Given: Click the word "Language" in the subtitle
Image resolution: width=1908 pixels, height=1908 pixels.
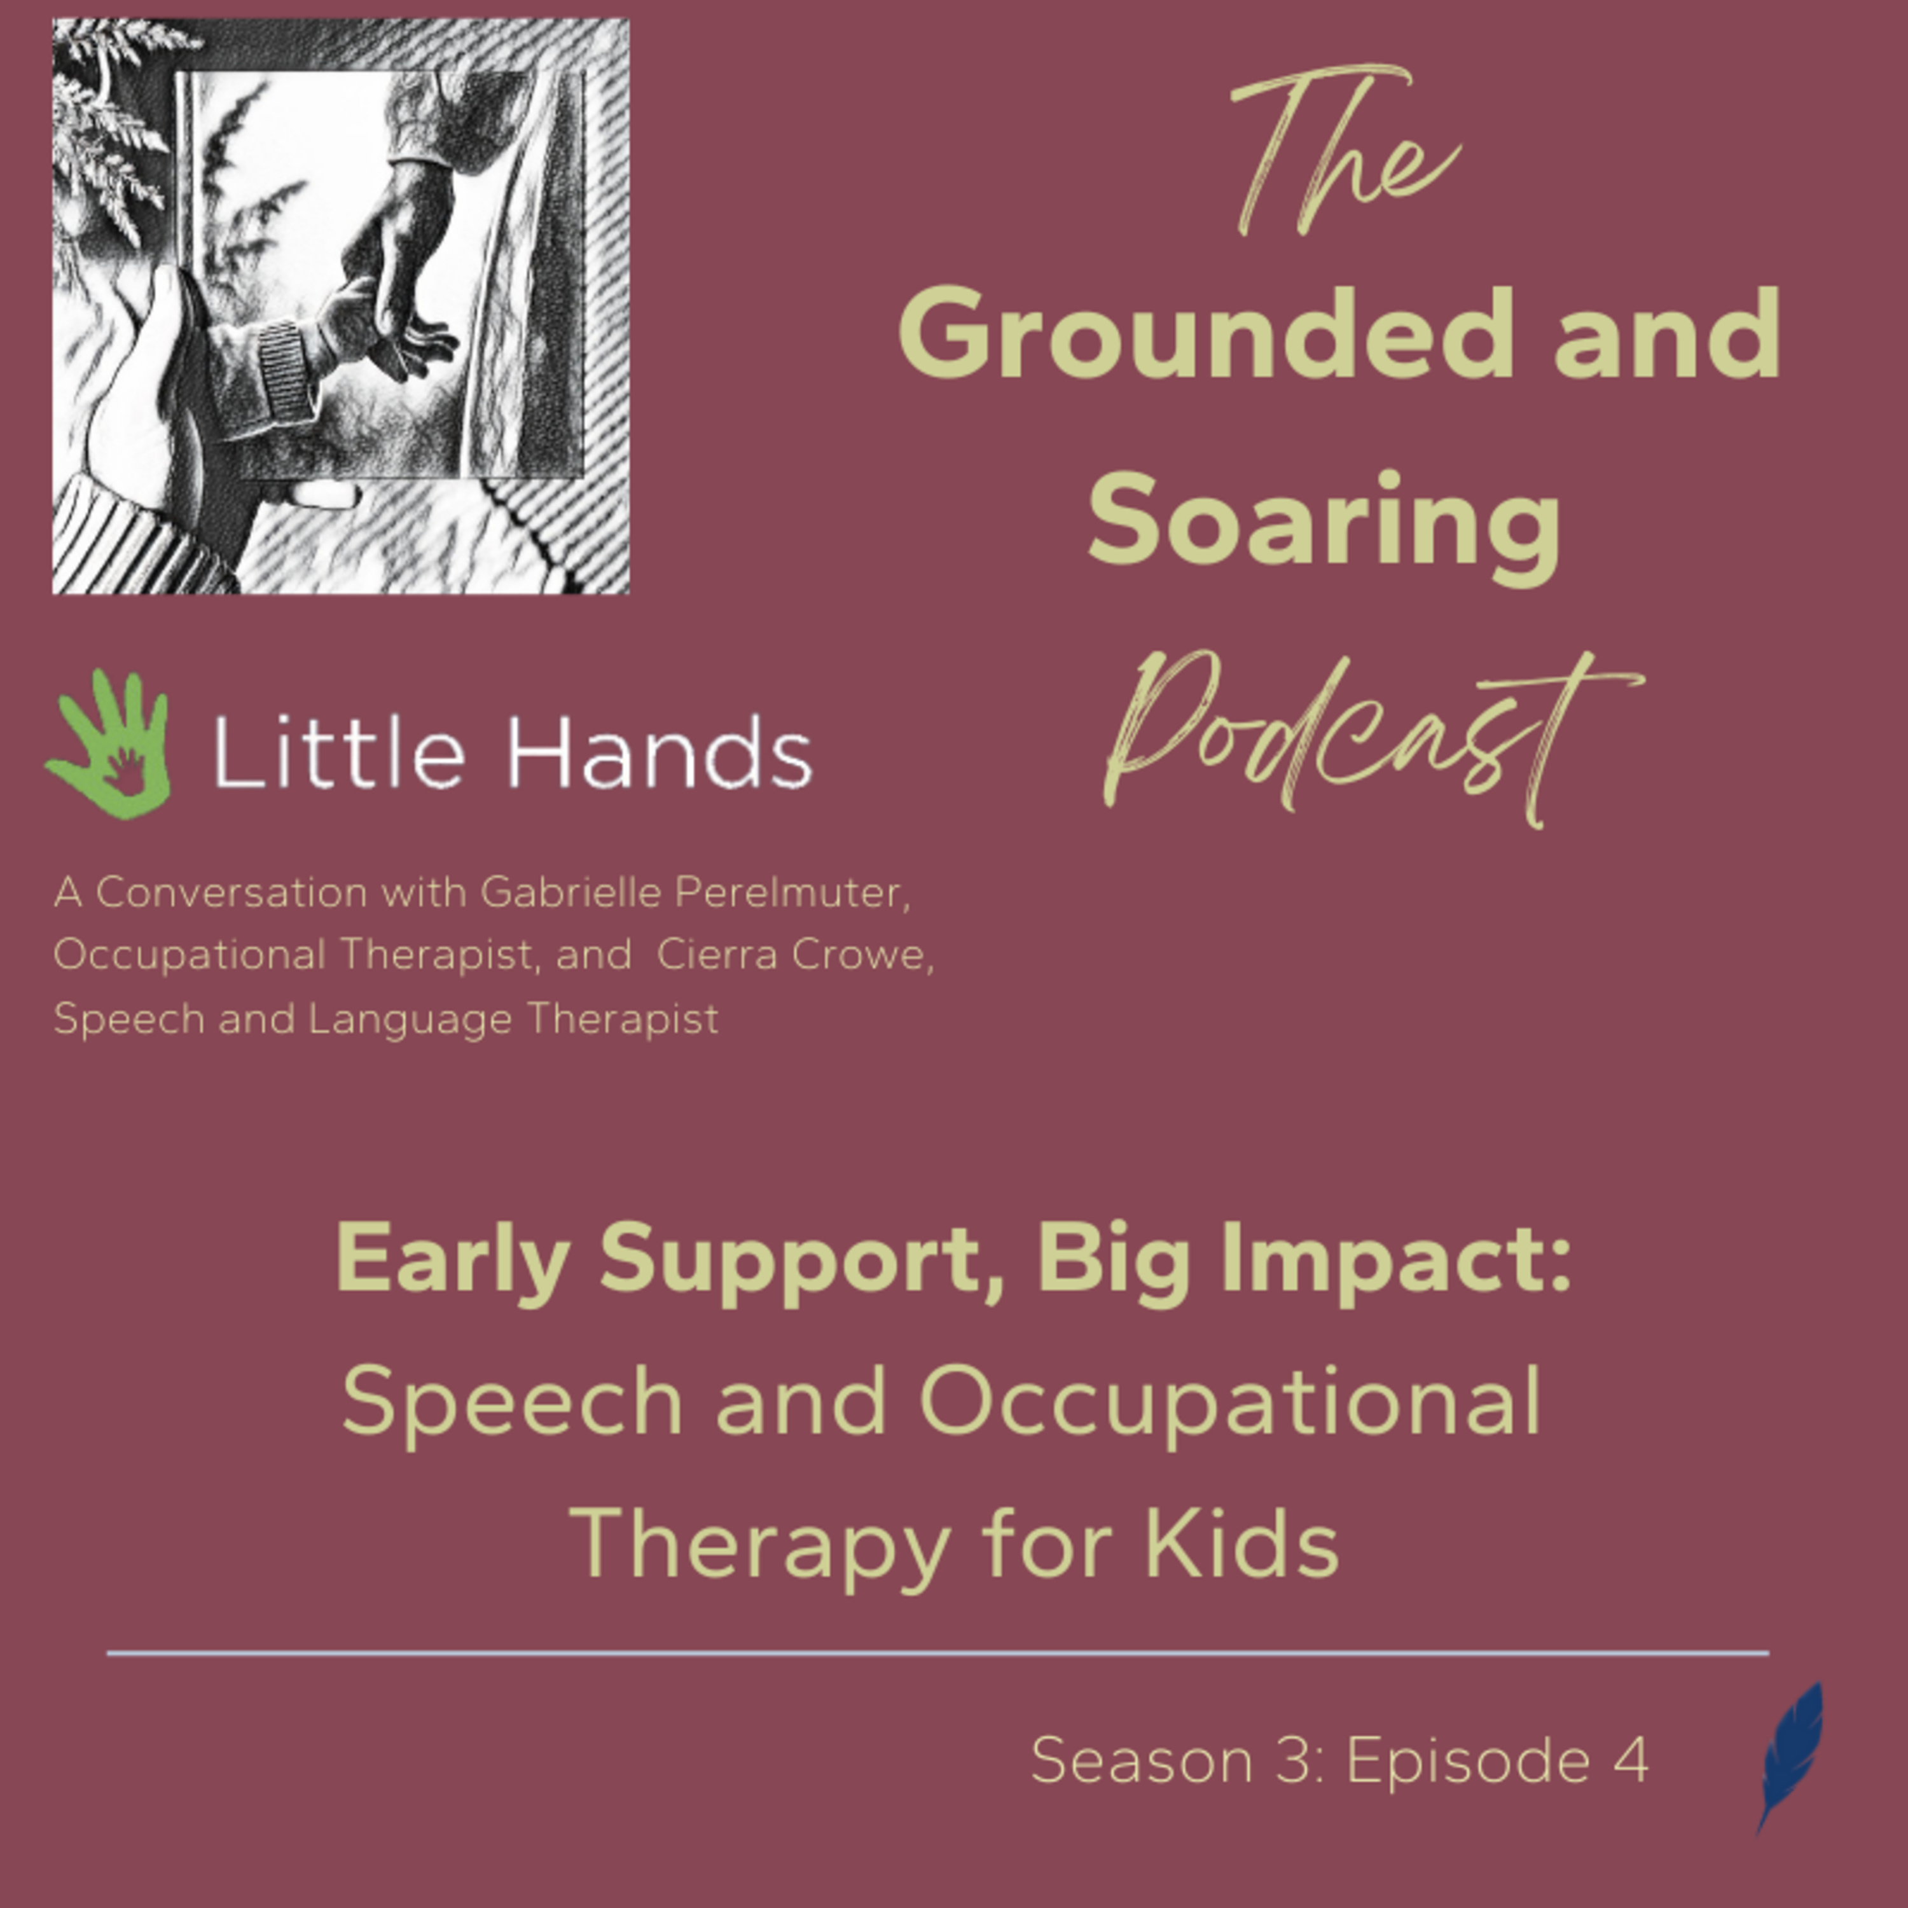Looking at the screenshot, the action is point(410,1020).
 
